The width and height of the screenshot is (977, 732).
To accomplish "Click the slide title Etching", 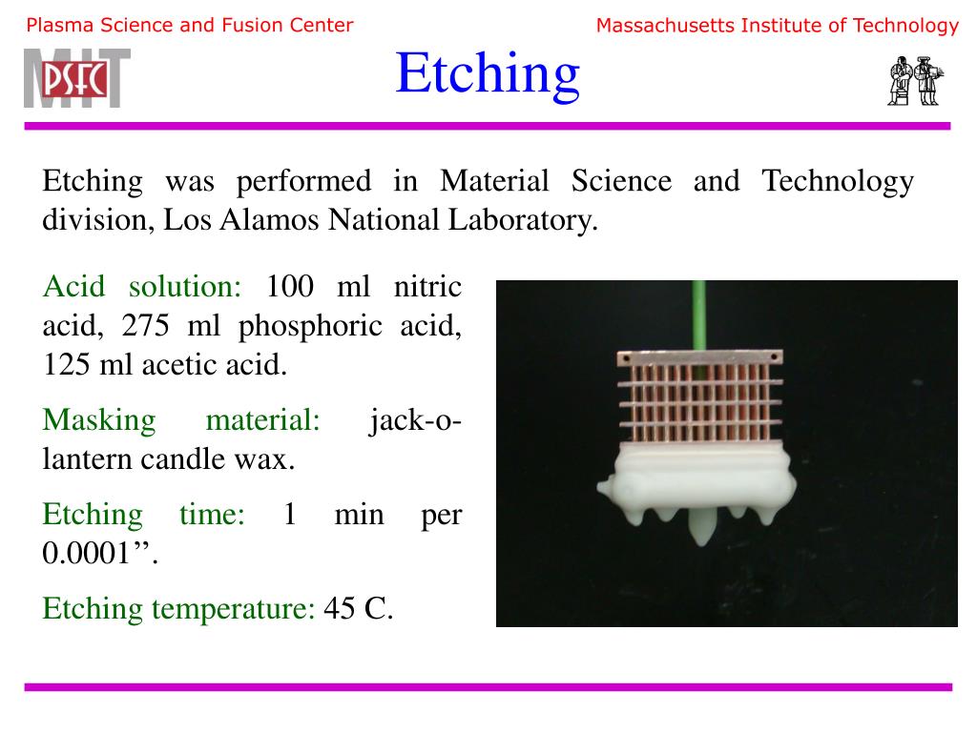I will [488, 73].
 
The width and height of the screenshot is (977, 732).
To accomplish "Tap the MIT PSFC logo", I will [77, 77].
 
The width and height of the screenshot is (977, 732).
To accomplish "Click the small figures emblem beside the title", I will [914, 80].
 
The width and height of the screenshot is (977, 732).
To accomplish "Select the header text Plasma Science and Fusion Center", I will [190, 26].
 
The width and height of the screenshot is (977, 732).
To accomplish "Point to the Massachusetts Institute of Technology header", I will [777, 26].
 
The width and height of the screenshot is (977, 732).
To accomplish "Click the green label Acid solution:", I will [143, 286].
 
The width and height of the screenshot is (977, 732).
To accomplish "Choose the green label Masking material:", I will [181, 419].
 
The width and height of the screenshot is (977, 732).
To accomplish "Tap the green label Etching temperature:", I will [178, 607].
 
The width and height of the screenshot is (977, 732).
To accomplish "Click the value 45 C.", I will [359, 607].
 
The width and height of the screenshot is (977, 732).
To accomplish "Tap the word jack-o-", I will [415, 419].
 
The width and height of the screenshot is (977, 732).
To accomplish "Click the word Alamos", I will [270, 221].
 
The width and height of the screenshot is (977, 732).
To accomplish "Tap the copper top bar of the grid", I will [700, 357].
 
